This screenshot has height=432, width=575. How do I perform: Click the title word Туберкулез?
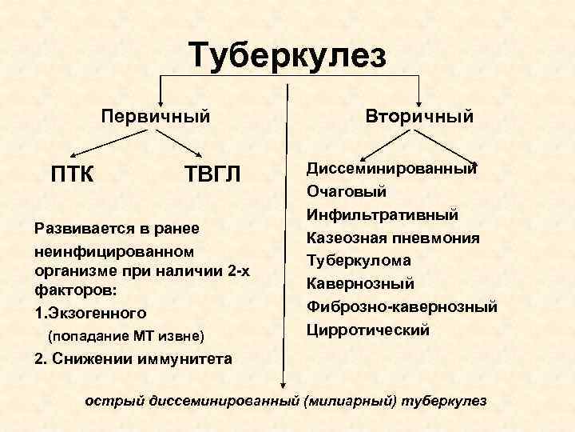[x=287, y=56]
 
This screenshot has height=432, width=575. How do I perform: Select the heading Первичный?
[x=156, y=116]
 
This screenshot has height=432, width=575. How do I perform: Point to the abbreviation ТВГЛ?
[x=212, y=172]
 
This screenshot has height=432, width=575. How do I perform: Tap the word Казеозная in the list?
[x=343, y=238]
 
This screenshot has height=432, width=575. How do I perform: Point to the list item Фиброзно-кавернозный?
[x=402, y=307]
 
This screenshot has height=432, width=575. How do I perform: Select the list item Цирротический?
[x=367, y=330]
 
